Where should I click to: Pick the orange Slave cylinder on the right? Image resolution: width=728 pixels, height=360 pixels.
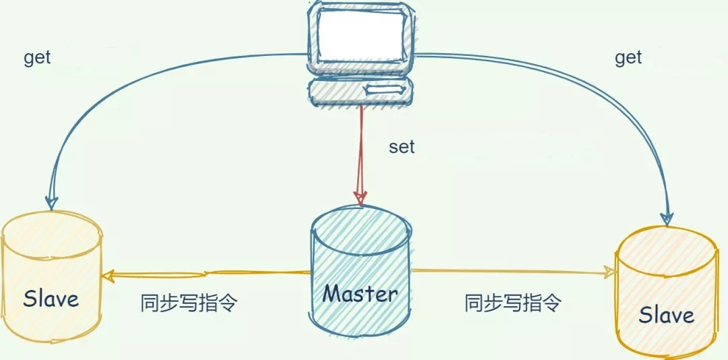[x=666, y=290]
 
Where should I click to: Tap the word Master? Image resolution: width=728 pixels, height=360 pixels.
[x=361, y=293]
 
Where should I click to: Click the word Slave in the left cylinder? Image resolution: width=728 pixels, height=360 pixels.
[x=51, y=299]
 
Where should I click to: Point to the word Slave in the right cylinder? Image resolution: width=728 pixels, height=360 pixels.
[x=666, y=315]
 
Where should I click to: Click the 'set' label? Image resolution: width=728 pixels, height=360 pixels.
[x=402, y=147]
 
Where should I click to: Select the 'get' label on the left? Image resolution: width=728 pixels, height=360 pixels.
[x=37, y=58]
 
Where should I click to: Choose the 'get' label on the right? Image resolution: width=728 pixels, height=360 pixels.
[x=628, y=58]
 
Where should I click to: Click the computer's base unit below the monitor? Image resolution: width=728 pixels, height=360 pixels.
[x=360, y=90]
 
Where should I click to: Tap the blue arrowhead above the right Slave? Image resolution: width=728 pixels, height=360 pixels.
[x=667, y=216]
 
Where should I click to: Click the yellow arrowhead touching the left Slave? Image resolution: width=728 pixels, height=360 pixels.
[x=110, y=274]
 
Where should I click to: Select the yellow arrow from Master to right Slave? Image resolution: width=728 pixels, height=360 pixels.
[x=512, y=271]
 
